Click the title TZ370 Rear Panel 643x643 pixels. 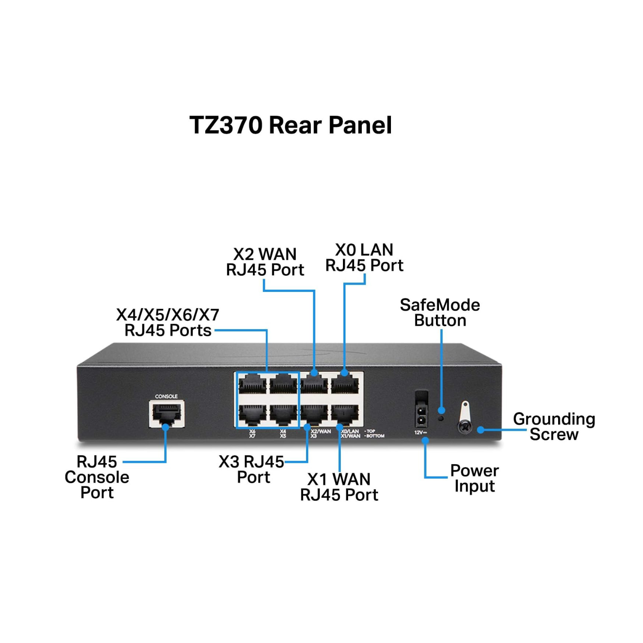(x=291, y=125)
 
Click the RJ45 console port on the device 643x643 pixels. (x=167, y=414)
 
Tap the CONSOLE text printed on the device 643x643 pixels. (x=166, y=397)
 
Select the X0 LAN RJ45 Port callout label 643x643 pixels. (x=364, y=258)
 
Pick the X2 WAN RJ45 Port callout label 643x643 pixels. (x=265, y=262)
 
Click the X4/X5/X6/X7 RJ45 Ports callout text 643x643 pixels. (x=168, y=322)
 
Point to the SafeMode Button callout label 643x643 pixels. (x=440, y=312)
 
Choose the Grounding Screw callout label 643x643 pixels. (x=554, y=427)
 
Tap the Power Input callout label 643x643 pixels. (x=475, y=478)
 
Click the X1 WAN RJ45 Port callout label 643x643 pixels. (x=339, y=487)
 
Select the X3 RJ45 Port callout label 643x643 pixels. (x=252, y=469)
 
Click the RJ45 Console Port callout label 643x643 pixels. (x=97, y=477)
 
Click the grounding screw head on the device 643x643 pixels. (x=464, y=427)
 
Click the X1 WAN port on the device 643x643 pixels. (x=345, y=414)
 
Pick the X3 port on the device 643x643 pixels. (x=315, y=414)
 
